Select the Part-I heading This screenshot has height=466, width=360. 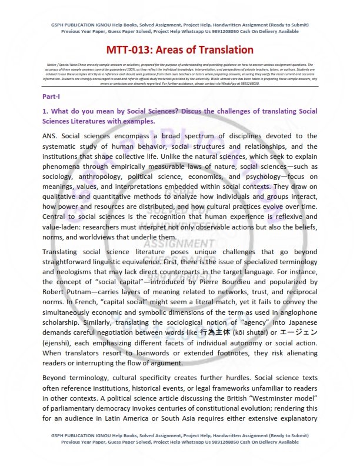point(51,95)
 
